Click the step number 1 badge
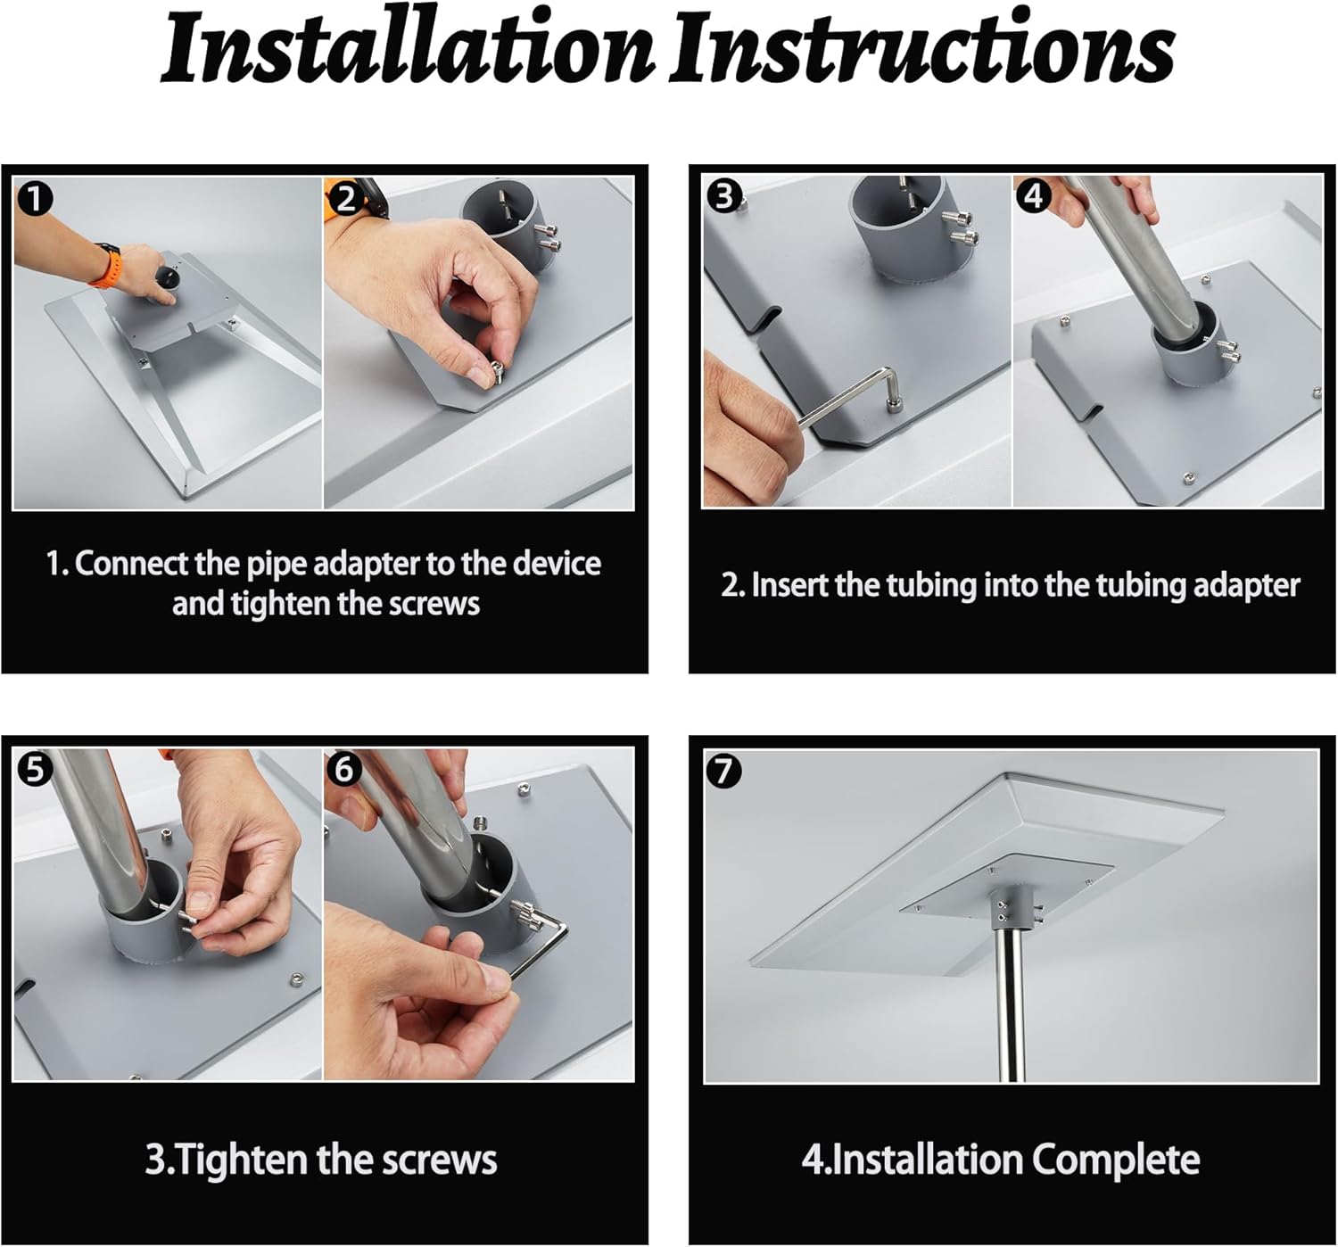point(35,199)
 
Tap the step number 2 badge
point(345,198)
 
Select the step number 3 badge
point(723,196)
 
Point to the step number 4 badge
point(1034,196)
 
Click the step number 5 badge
point(35,769)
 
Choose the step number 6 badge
point(344,769)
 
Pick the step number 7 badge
point(723,771)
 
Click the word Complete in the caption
point(1115,1159)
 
